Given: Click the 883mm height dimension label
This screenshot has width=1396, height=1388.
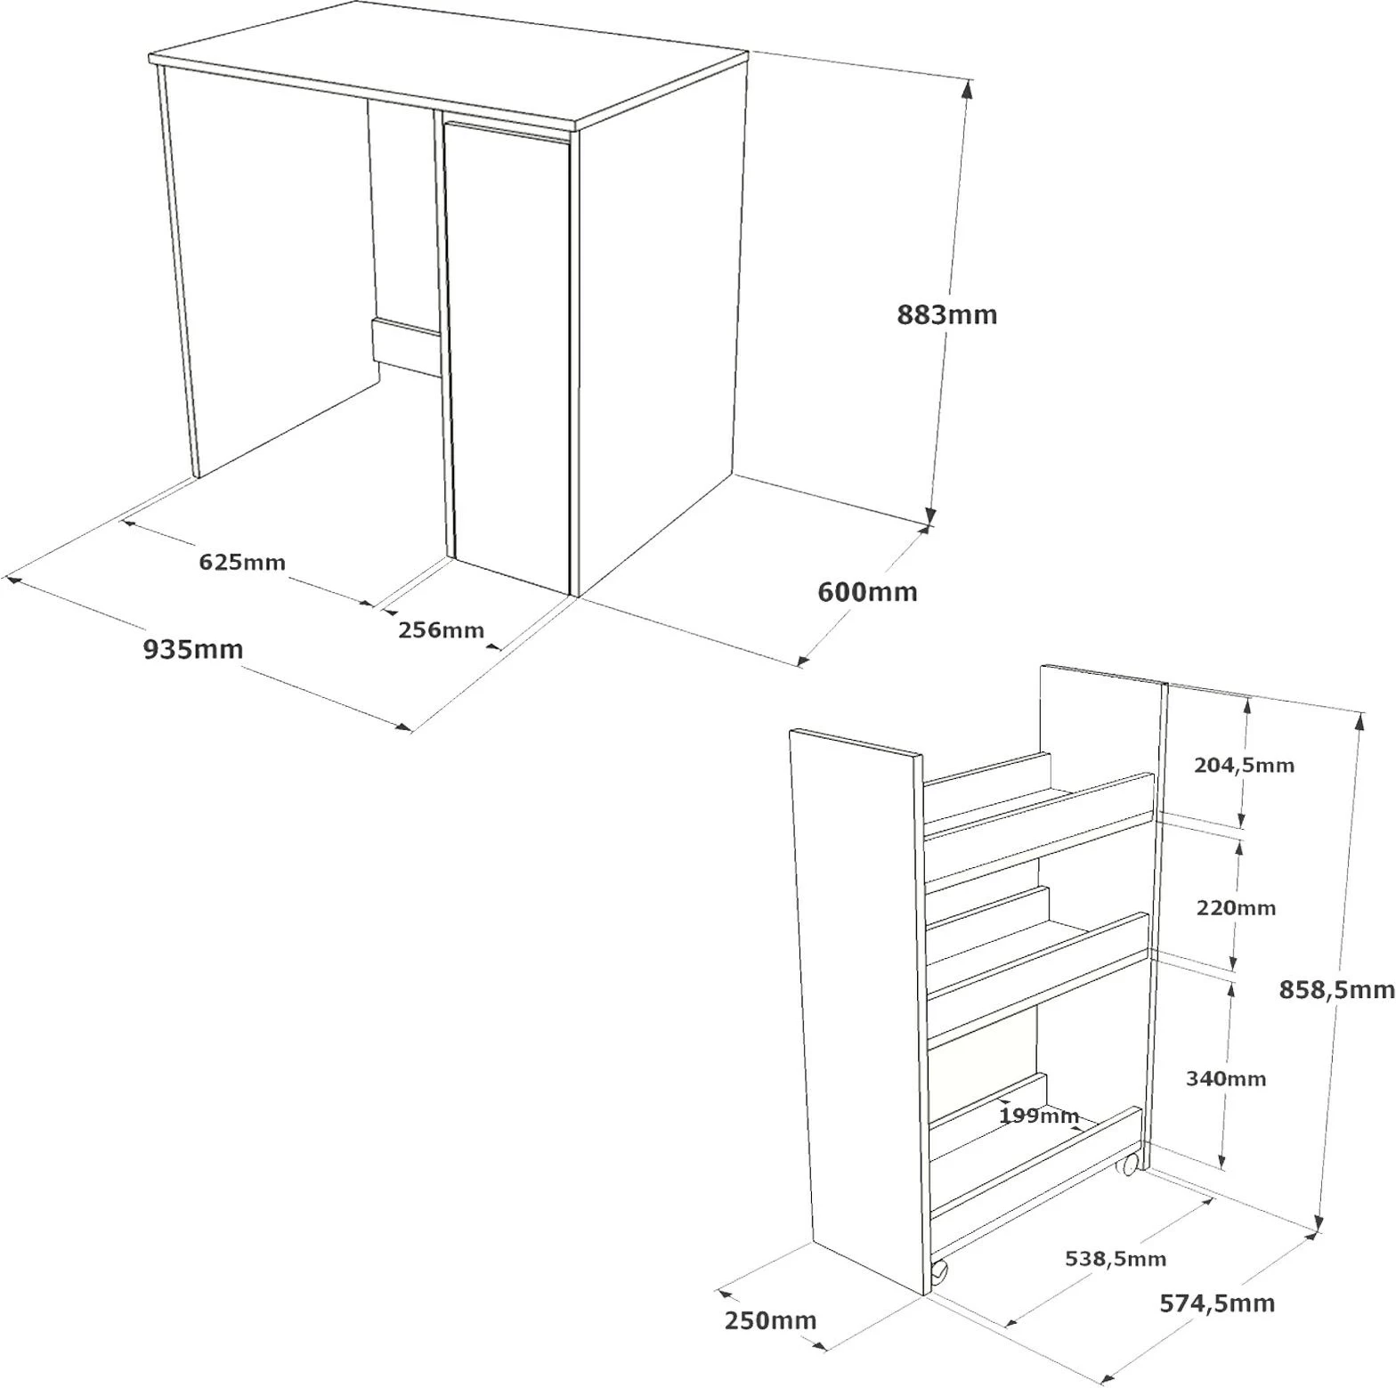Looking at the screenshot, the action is coord(947,314).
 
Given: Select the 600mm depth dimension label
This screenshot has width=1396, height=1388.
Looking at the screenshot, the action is coord(867,592).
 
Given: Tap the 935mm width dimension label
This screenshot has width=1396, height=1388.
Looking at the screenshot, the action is coord(193,649).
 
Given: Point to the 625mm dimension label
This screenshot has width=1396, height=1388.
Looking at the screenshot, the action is coord(242,563).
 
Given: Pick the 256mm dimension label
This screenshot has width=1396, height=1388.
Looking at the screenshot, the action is coord(442,630).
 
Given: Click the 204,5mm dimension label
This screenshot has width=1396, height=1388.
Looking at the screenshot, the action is coord(1244,765).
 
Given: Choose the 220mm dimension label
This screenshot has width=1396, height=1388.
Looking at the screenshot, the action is coord(1236,908).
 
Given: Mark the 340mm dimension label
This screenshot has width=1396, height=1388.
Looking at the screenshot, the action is coord(1226,1079).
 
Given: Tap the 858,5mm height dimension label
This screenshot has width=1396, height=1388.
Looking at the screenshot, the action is coord(1336,989).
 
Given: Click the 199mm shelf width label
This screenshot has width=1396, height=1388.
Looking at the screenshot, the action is coord(1039,1116).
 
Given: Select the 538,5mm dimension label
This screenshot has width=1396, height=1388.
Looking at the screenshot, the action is coord(1116,1259).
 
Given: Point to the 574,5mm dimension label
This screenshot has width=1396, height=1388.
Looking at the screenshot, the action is coord(1217,1303).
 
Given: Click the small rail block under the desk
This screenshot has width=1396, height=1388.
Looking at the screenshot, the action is coord(406,345).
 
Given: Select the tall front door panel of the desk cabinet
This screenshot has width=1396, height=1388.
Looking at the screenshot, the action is coord(507,354).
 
